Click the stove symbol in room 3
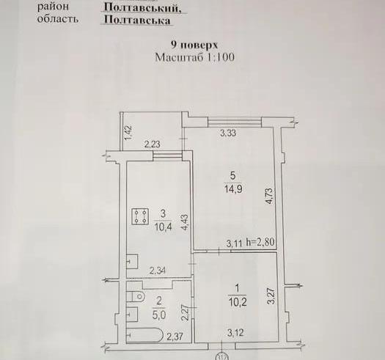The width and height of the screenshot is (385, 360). pyautogui.click(x=140, y=216)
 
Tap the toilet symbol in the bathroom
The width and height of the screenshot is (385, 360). pyautogui.click(x=136, y=296)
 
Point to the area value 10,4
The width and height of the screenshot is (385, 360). pyautogui.click(x=163, y=227)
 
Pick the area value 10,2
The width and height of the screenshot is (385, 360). pyautogui.click(x=238, y=302)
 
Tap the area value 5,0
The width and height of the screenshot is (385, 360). pyautogui.click(x=159, y=315)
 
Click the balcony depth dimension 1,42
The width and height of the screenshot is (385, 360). pyautogui.click(x=128, y=133)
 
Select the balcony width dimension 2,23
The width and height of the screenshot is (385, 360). pyautogui.click(x=153, y=144)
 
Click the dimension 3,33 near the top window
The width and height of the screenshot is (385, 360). pyautogui.click(x=228, y=133)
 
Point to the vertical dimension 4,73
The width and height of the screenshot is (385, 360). pyautogui.click(x=269, y=196)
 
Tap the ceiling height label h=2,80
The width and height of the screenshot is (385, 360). pyautogui.click(x=260, y=242)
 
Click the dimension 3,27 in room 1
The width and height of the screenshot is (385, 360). pyautogui.click(x=271, y=296)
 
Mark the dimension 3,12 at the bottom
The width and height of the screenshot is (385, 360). pyautogui.click(x=235, y=332)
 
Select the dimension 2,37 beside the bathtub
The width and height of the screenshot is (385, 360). pyautogui.click(x=175, y=336)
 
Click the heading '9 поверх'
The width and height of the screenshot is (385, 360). pyautogui.click(x=194, y=45)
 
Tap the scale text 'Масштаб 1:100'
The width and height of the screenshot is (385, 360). pyautogui.click(x=195, y=57)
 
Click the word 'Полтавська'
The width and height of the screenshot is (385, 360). pyautogui.click(x=137, y=20)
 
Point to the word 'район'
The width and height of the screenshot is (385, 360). pyautogui.click(x=53, y=7)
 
